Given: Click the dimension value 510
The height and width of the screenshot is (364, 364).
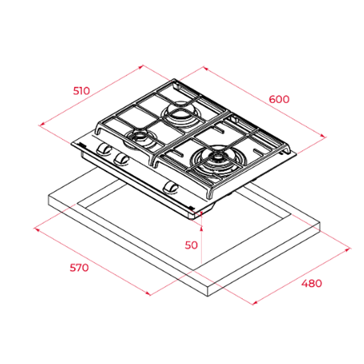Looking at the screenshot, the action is point(81,91).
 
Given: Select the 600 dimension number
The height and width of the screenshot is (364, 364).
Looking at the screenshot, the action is point(279,99).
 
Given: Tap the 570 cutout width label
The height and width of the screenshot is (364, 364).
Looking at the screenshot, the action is point(79,267).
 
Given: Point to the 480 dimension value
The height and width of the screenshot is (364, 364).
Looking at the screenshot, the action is point(312,283).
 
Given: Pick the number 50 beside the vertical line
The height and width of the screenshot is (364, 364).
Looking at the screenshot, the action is point(191,245).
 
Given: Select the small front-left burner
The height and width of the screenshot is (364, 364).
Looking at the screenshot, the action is point(139,139).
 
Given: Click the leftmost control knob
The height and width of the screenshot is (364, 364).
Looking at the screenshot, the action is point(103,149).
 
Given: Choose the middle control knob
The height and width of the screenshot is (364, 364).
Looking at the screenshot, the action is point(121,159).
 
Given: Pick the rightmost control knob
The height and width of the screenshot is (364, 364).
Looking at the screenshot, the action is point(171,187).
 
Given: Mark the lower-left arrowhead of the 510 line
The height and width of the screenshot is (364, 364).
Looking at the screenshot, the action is point(41,125).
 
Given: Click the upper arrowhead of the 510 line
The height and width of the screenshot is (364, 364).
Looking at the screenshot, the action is point(141,67).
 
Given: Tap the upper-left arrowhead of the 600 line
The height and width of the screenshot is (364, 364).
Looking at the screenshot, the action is point(205,68).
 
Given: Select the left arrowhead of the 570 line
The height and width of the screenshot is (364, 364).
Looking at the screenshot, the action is point(37,230).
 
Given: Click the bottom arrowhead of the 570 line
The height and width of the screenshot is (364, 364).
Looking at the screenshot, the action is point(148,293).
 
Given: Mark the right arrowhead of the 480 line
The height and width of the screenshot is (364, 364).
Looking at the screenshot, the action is point(347,250).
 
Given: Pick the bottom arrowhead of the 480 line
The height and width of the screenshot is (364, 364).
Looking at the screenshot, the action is point(255,302).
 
